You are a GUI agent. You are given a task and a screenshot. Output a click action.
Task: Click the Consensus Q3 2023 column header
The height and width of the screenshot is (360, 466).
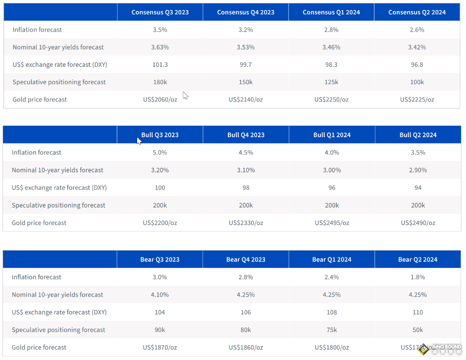pyautogui.click(x=160, y=12)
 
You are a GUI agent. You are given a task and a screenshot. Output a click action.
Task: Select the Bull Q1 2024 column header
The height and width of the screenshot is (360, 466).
pyautogui.click(x=332, y=135)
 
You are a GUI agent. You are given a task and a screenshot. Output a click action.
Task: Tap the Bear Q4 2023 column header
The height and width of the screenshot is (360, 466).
pyautogui.click(x=246, y=259)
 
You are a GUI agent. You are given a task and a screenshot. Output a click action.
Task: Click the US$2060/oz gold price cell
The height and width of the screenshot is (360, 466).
pyautogui.click(x=160, y=100)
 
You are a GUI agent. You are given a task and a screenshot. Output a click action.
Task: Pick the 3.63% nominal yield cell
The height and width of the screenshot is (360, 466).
pyautogui.click(x=160, y=48)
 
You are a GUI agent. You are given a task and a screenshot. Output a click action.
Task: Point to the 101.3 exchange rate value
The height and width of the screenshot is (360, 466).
pyautogui.click(x=160, y=65)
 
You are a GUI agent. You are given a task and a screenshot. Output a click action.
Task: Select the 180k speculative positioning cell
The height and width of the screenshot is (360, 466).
pyautogui.click(x=160, y=82)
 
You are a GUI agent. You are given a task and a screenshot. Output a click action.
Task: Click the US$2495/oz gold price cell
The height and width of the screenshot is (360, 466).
pyautogui.click(x=332, y=223)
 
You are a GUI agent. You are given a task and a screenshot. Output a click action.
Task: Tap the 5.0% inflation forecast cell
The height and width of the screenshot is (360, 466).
pyautogui.click(x=160, y=153)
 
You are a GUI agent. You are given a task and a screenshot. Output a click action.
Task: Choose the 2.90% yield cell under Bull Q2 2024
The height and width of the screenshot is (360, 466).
pyautogui.click(x=418, y=170)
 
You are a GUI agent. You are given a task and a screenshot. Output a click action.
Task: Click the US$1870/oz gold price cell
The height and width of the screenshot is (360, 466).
pyautogui.click(x=160, y=348)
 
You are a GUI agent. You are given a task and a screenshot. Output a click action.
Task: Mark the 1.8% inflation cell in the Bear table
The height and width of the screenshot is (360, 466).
pyautogui.click(x=417, y=277)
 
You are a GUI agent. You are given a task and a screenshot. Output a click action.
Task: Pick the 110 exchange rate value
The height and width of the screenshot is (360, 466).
pyautogui.click(x=417, y=312)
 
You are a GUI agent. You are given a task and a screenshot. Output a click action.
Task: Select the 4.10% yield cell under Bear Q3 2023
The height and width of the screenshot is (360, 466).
pyautogui.click(x=160, y=295)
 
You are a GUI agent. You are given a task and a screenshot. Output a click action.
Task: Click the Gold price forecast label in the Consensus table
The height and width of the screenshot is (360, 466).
pyautogui.click(x=40, y=100)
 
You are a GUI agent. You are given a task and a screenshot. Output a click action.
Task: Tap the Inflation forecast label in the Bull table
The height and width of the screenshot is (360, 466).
pyautogui.click(x=37, y=153)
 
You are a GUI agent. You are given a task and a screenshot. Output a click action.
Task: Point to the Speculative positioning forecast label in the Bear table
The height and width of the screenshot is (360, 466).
pyautogui.click(x=58, y=330)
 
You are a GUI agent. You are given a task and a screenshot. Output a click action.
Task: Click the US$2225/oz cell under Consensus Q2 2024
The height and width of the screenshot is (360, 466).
pyautogui.click(x=417, y=100)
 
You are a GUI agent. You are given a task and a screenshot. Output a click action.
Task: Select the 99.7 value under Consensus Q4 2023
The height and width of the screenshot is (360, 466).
pyautogui.click(x=246, y=65)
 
